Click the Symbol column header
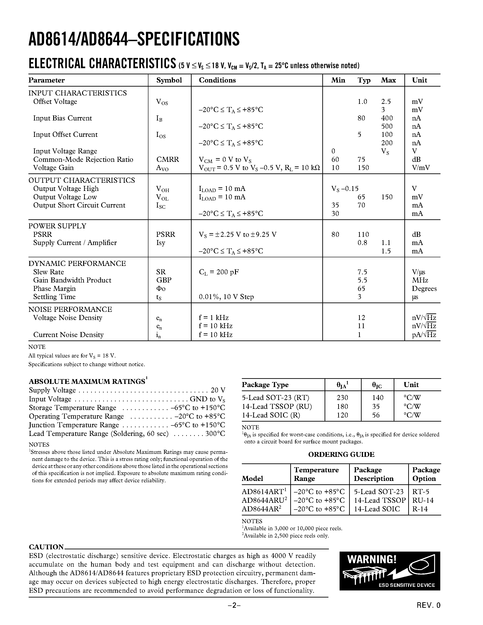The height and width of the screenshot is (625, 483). (x=169, y=80)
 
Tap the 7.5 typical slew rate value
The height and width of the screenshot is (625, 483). (x=362, y=272)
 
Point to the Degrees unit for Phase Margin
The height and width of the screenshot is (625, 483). (x=424, y=288)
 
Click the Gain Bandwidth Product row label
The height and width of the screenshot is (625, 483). (x=72, y=280)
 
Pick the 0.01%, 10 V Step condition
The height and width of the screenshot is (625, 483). (x=226, y=297)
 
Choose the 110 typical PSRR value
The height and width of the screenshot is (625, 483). (x=363, y=234)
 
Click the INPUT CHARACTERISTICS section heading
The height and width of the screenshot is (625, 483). (x=78, y=93)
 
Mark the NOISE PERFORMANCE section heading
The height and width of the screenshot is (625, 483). (x=70, y=309)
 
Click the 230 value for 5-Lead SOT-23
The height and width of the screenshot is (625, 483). (x=342, y=397)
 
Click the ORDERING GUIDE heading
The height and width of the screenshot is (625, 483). (x=341, y=455)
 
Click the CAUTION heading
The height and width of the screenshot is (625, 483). (x=46, y=547)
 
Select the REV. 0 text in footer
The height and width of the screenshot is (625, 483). (x=428, y=613)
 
